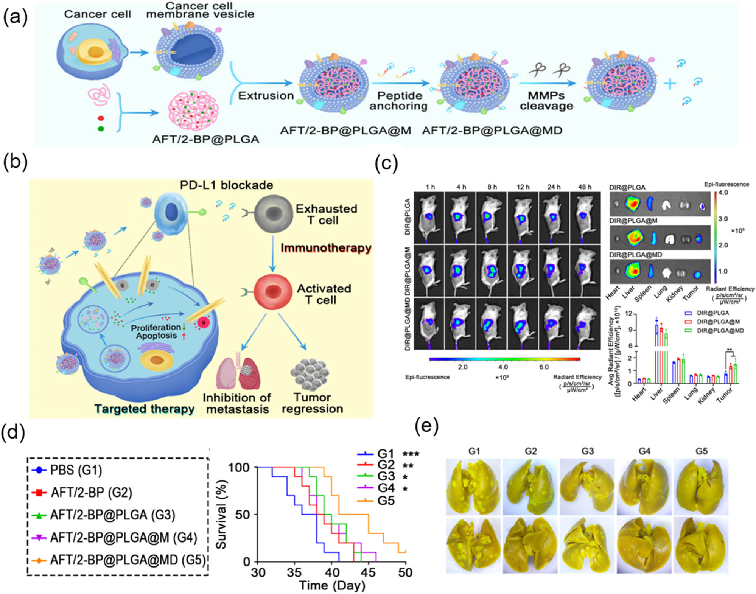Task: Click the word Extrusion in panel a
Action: pyautogui.click(x=266, y=95)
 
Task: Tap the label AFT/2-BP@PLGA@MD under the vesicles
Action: pyautogui.click(x=492, y=131)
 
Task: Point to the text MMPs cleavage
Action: pyautogui.click(x=546, y=101)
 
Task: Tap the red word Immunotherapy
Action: pyautogui.click(x=326, y=248)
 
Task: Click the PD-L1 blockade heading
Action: pyautogui.click(x=226, y=185)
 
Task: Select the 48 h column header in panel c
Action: pyautogui.click(x=585, y=187)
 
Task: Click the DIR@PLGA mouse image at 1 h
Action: pyautogui.click(x=429, y=218)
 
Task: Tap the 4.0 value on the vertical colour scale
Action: pyautogui.click(x=723, y=193)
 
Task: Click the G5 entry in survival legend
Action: pyautogui.click(x=385, y=501)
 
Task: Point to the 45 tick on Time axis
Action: pyautogui.click(x=368, y=572)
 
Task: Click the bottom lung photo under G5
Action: pyautogui.click(x=700, y=545)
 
